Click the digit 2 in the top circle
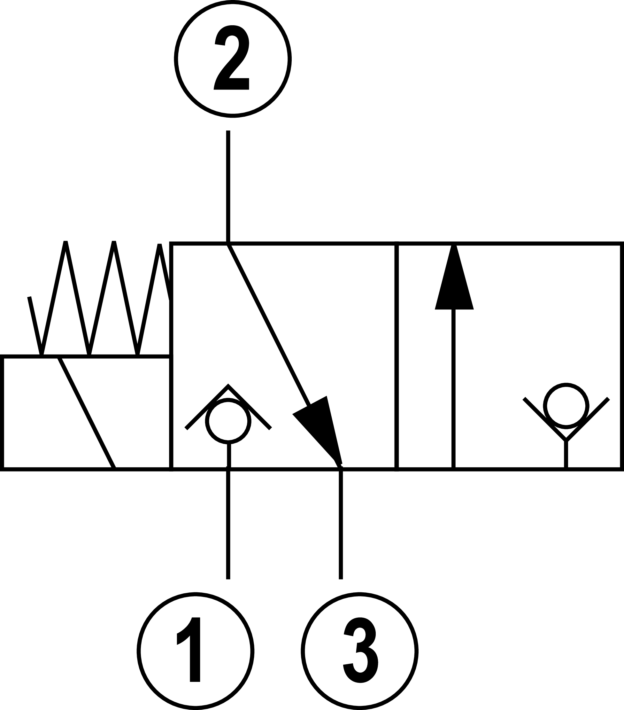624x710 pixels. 232,58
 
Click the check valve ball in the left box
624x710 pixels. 228,421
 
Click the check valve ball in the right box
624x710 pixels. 566,406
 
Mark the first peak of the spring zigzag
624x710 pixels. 65,242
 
